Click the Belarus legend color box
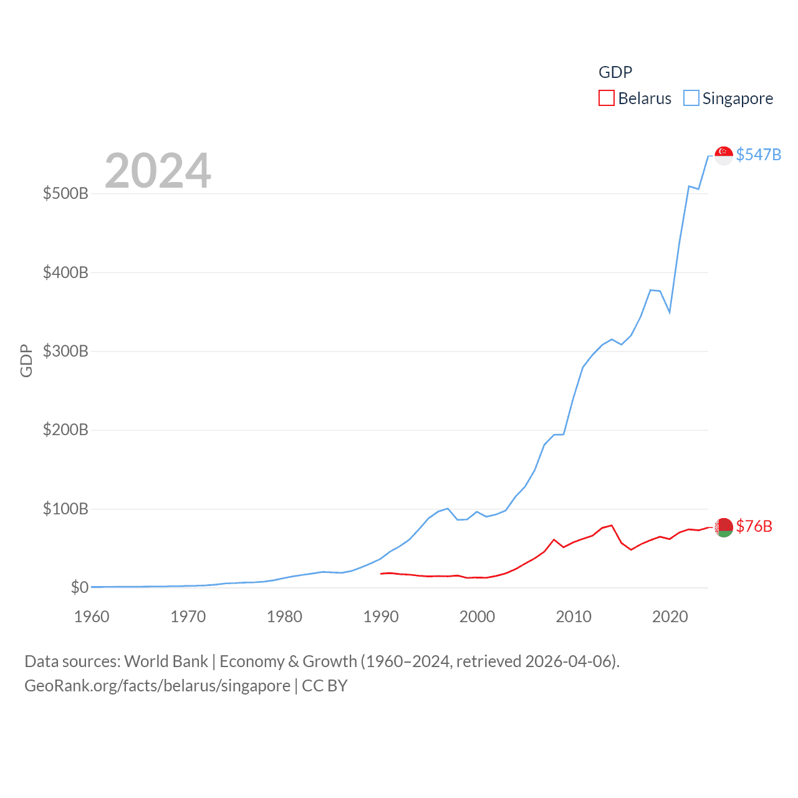[606, 99]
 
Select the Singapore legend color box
[691, 99]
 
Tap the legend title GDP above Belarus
[615, 72]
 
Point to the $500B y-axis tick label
[65, 193]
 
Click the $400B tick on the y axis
[65, 272]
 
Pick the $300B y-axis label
[65, 351]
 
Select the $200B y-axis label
[65, 430]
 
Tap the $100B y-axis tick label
[65, 509]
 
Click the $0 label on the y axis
[79, 587]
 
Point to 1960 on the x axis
[92, 617]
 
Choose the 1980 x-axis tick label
[284, 617]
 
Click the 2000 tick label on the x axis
[477, 617]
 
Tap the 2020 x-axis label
[670, 617]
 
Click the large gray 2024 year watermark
[158, 171]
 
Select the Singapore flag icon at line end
[723, 155]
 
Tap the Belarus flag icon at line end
[723, 527]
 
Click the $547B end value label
[758, 155]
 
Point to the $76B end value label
[754, 526]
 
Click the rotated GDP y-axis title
[26, 360]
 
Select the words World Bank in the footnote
[166, 661]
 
